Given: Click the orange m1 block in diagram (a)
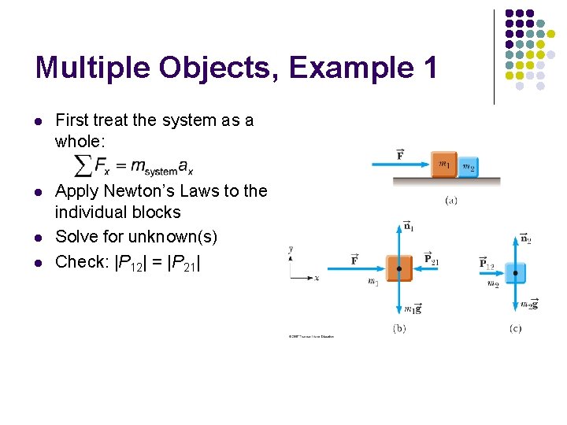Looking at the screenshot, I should click(x=444, y=164).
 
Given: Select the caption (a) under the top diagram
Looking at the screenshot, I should click(x=451, y=200).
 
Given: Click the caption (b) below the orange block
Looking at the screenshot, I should click(x=399, y=328).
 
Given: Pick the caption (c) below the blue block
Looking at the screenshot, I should click(x=515, y=328).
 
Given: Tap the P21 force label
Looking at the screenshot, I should click(x=432, y=258).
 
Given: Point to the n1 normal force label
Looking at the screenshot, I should click(x=409, y=227).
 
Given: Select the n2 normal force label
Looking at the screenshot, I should click(x=525, y=238).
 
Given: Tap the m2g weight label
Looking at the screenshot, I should click(x=528, y=305).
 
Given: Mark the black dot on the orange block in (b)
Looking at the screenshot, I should click(x=399, y=269).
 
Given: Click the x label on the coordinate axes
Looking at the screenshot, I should click(x=316, y=278).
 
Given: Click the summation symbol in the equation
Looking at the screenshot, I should click(x=82, y=164).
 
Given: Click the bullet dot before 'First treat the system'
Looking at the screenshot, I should click(x=39, y=121).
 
